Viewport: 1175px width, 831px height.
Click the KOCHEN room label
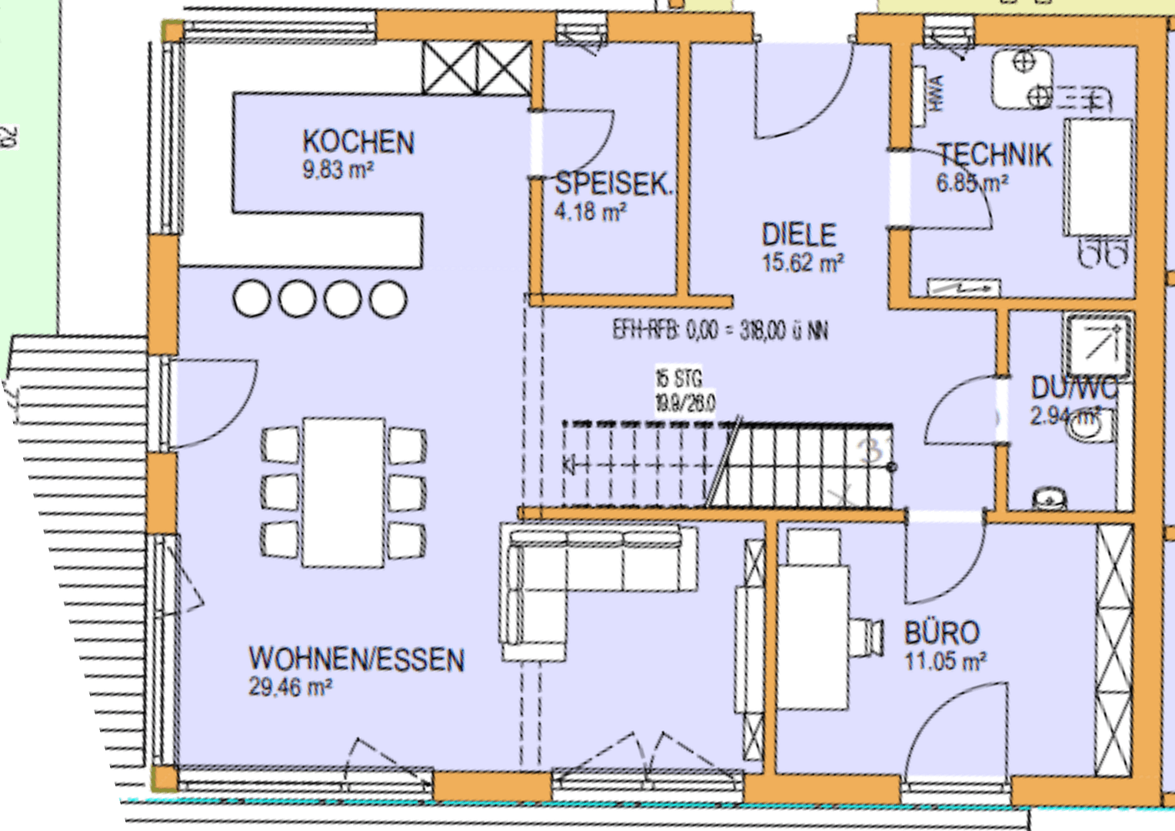pyautogui.click(x=358, y=142)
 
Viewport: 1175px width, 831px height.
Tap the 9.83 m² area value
pyautogui.click(x=338, y=170)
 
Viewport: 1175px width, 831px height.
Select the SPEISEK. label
pyautogui.click(x=614, y=184)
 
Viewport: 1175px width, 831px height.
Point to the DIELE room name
pyautogui.click(x=799, y=235)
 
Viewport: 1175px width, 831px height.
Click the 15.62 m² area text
pyautogui.click(x=803, y=262)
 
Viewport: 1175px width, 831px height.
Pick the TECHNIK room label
pyautogui.click(x=994, y=155)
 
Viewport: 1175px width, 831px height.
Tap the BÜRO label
pyautogui.click(x=942, y=633)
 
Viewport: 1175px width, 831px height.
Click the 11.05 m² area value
pyautogui.click(x=945, y=661)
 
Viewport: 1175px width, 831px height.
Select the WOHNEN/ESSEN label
pyautogui.click(x=357, y=659)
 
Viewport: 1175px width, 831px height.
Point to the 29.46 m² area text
pyautogui.click(x=290, y=687)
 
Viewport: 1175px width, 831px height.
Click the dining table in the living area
pyautogui.click(x=344, y=492)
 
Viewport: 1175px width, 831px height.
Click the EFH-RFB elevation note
pyautogui.click(x=720, y=331)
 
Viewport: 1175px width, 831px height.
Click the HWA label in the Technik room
pyautogui.click(x=934, y=93)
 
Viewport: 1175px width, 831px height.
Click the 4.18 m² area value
pyautogui.click(x=590, y=211)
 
